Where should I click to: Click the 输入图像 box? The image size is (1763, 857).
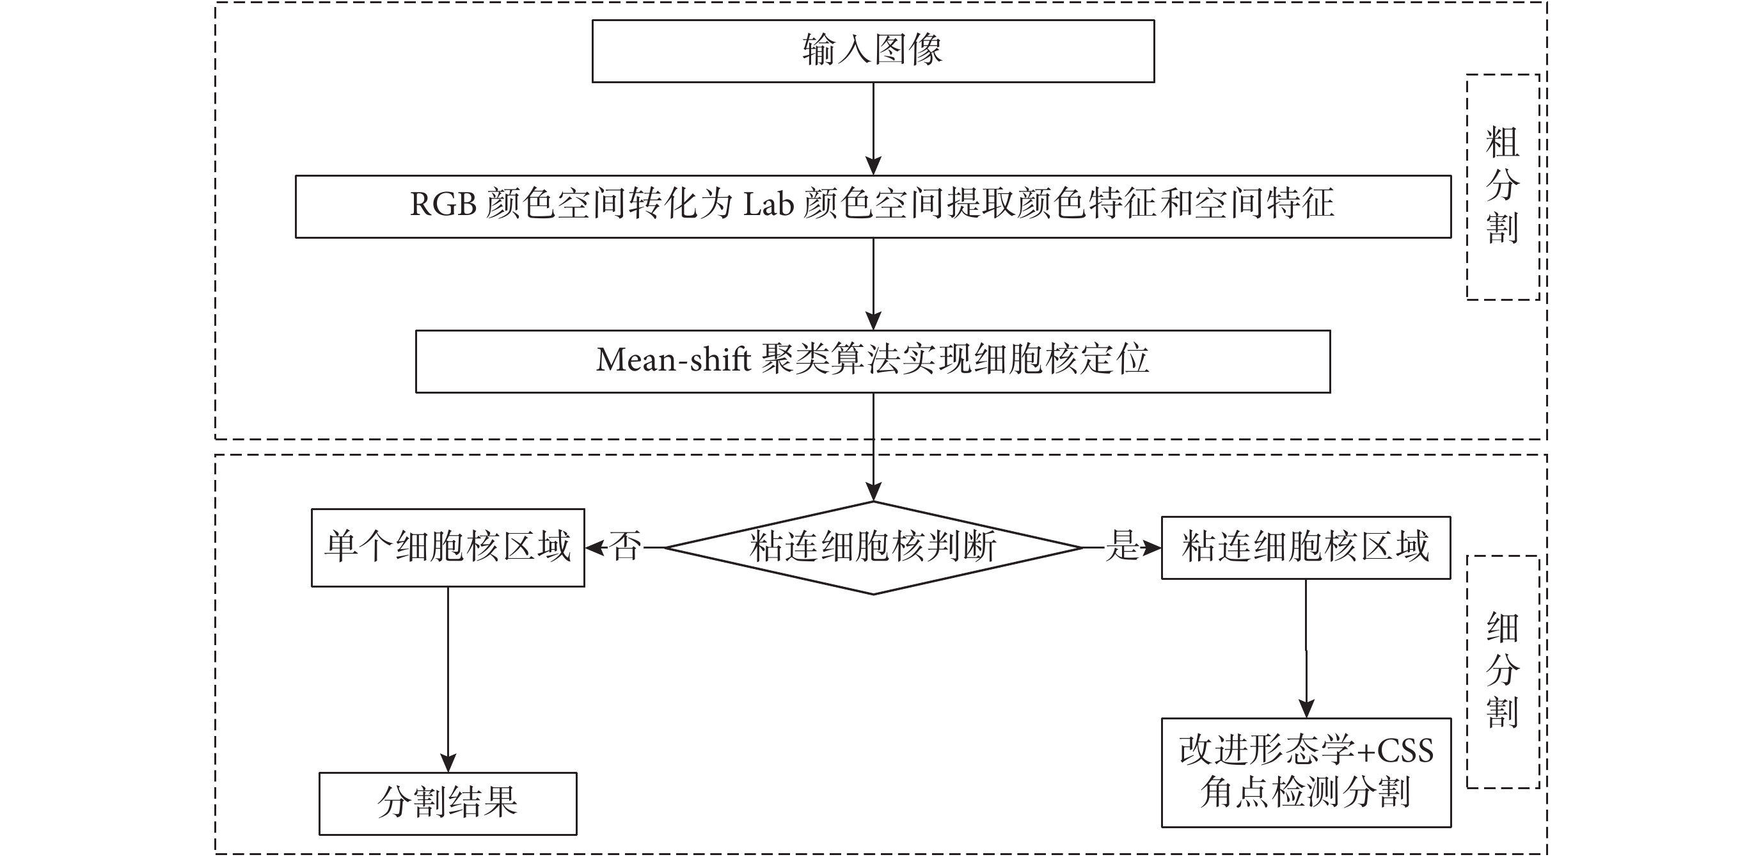[x=873, y=51]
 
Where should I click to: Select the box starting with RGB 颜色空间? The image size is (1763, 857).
[x=873, y=206]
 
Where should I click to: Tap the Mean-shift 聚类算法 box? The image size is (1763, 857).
[x=873, y=362]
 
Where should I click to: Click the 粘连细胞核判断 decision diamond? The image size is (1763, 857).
[x=873, y=548]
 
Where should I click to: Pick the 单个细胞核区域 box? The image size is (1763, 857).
[x=448, y=548]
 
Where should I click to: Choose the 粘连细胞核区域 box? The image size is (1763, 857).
[x=1305, y=548]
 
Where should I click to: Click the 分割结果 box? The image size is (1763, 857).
[x=448, y=803]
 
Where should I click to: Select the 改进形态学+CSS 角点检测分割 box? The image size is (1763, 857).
[x=1305, y=772]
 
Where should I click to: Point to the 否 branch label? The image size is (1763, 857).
[x=626, y=547]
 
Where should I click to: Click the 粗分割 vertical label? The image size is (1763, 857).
[x=1502, y=186]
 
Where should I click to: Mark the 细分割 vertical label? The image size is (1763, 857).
[x=1502, y=671]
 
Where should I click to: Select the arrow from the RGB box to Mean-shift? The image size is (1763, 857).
[x=873, y=284]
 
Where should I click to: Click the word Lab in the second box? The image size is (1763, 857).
[x=768, y=205]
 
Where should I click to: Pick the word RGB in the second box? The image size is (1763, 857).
[x=443, y=205]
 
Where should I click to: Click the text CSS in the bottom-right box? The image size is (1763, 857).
[x=1405, y=751]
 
